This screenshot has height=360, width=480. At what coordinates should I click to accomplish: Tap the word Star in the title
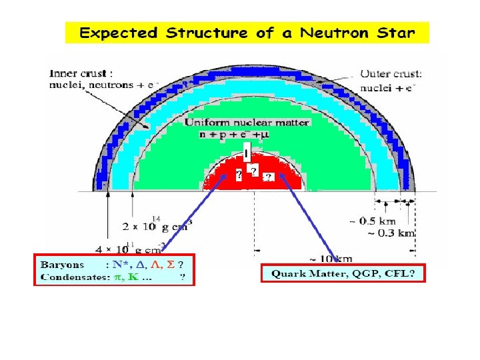(395, 32)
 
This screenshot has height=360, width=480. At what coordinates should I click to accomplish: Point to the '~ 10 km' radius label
(332, 258)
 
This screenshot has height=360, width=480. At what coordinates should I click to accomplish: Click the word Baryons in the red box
(62, 265)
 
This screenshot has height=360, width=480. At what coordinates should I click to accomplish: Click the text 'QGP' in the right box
(366, 273)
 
